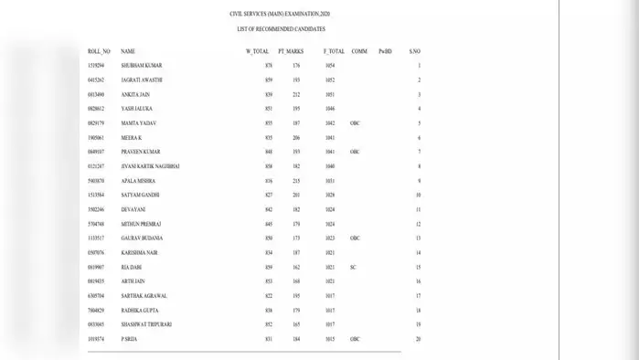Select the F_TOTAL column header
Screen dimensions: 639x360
coord(334,51)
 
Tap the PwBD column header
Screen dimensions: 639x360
coord(385,51)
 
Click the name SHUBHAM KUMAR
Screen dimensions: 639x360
coord(141,66)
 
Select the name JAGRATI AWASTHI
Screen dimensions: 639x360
coord(142,80)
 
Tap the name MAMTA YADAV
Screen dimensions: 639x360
coord(138,123)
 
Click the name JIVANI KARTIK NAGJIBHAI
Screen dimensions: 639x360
coord(152,166)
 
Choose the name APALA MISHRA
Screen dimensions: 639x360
coord(138,181)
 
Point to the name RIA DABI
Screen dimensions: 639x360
coord(132,267)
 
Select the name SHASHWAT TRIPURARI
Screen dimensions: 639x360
coord(146,324)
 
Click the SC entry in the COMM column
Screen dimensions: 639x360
coord(353,267)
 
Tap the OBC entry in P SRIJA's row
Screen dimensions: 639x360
coord(355,339)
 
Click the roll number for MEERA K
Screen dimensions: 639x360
coord(96,138)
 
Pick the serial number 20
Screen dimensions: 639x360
coord(417,339)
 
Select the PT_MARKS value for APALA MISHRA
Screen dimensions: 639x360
coord(295,181)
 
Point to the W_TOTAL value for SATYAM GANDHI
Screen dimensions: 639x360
coord(269,195)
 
